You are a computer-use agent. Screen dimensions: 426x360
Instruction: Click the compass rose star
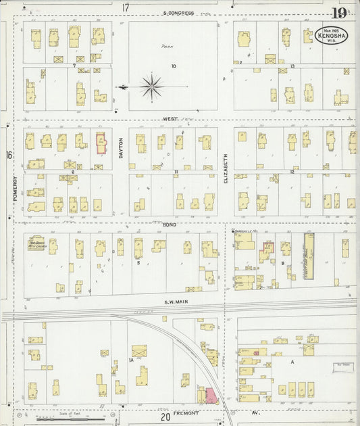pyautogui.click(x=153, y=87)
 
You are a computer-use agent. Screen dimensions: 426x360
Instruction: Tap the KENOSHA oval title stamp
pyautogui.click(x=330, y=36)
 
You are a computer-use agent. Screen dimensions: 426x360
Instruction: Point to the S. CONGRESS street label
pyautogui.click(x=178, y=13)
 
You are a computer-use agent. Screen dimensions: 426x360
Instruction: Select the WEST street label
pyautogui.click(x=170, y=119)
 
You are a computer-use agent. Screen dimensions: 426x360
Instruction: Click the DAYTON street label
pyautogui.click(x=121, y=148)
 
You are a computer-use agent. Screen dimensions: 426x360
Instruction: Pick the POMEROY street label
pyautogui.click(x=14, y=191)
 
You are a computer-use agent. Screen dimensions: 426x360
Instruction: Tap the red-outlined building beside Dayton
pyautogui.click(x=101, y=143)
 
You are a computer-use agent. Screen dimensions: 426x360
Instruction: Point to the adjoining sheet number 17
pyautogui.click(x=125, y=7)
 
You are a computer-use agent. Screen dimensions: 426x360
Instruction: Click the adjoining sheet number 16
pyautogui.click(x=9, y=156)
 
